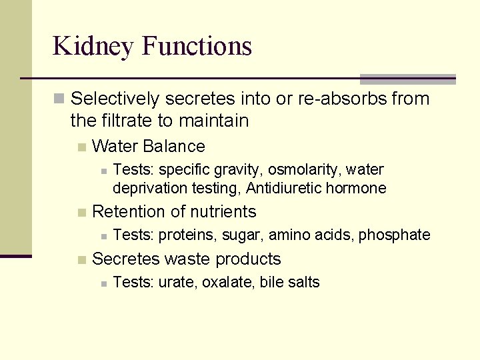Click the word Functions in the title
[197, 45]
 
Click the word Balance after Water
[174, 146]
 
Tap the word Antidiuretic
[284, 189]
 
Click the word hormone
[355, 189]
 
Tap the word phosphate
[395, 235]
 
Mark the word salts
[303, 283]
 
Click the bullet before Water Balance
[81, 147]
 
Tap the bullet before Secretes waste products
[81, 259]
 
